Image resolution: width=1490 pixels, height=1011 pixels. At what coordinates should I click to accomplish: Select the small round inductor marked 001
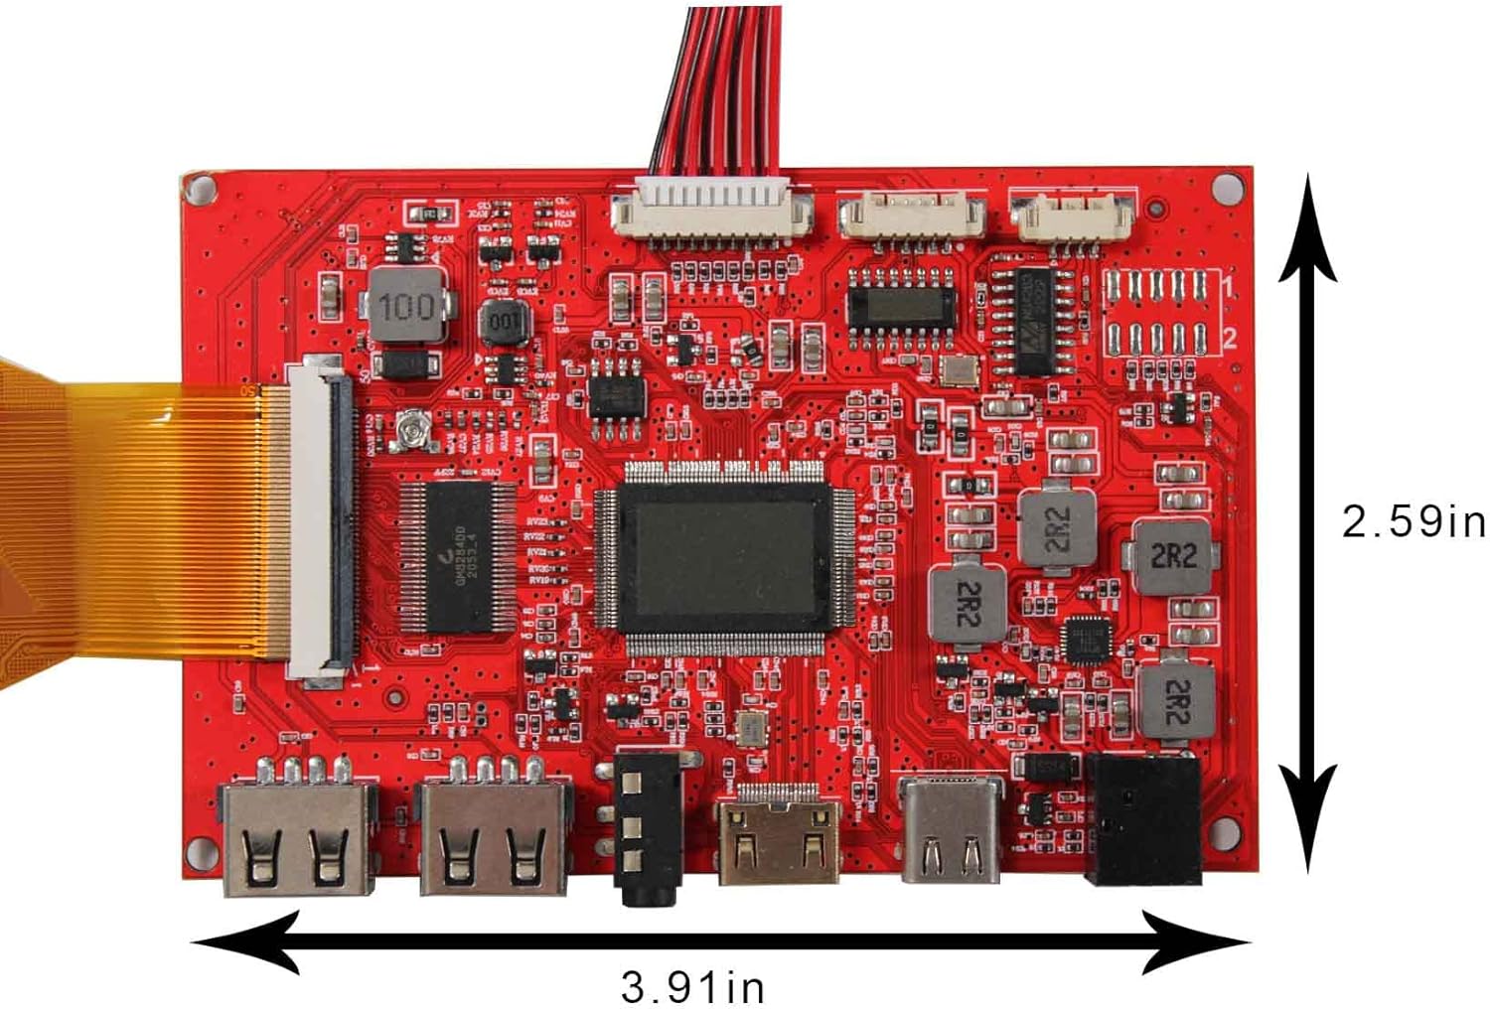[x=506, y=322]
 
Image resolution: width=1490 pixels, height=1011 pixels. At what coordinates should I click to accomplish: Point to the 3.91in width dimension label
[x=692, y=987]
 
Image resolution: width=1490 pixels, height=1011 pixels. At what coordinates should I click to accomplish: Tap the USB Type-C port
[x=951, y=829]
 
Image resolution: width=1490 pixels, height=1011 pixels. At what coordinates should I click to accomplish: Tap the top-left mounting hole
[x=201, y=188]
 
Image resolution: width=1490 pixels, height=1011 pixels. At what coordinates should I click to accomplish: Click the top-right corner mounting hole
[x=1229, y=186]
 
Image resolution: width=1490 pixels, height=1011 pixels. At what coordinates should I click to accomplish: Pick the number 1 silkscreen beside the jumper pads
[x=1229, y=289]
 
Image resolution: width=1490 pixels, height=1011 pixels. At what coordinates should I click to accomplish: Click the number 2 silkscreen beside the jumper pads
[x=1229, y=339]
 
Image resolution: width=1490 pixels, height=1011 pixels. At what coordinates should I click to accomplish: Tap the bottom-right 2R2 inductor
[x=1176, y=700]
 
